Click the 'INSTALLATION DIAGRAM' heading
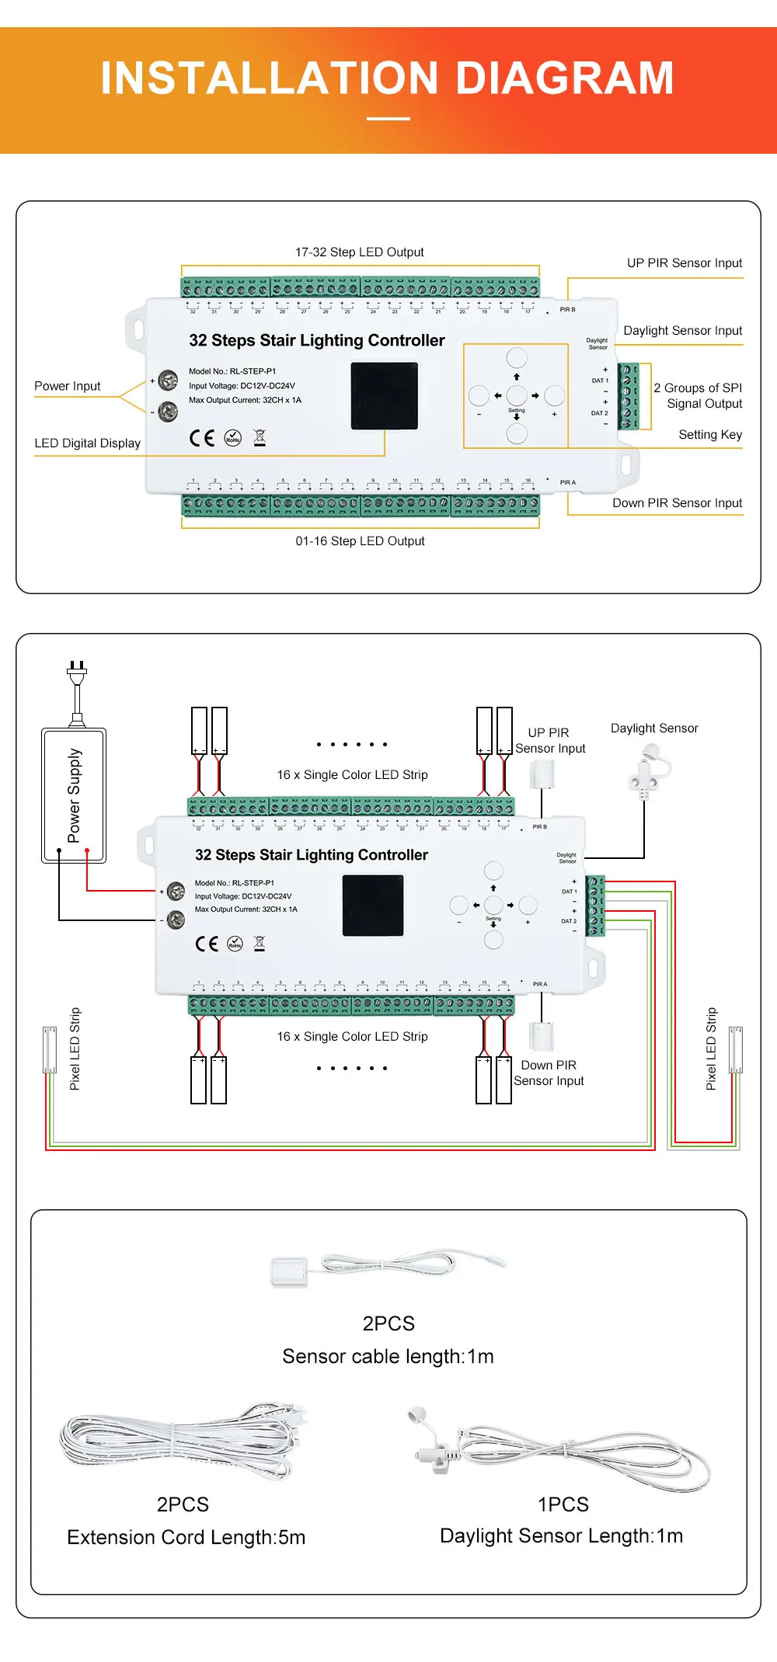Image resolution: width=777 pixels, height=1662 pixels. tap(387, 78)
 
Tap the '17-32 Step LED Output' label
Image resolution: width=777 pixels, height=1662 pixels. tap(359, 252)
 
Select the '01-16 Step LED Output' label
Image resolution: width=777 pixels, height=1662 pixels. tap(360, 541)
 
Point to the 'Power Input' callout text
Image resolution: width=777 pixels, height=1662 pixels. tap(68, 386)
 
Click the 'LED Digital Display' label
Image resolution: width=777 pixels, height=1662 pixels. tap(87, 443)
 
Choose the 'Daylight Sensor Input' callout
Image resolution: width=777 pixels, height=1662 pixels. tap(682, 331)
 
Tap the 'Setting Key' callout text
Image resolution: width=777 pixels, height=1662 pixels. tap(710, 435)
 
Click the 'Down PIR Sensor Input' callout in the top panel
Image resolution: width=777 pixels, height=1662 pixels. tap(677, 503)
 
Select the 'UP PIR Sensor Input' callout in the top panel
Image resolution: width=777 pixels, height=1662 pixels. tap(685, 263)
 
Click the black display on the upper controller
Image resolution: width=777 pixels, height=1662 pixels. tap(385, 396)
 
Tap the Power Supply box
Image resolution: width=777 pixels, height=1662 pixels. tap(74, 795)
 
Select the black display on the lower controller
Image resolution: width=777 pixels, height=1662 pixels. tap(373, 905)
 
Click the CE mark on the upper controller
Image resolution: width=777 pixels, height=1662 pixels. tap(202, 438)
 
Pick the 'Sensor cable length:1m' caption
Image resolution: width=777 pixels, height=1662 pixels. tap(388, 1357)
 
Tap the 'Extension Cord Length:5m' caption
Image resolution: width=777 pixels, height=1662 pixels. tap(186, 1538)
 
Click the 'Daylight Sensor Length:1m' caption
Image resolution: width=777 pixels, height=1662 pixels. tap(561, 1536)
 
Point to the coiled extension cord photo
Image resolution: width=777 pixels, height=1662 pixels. tap(183, 1441)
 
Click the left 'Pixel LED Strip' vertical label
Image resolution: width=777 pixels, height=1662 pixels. tap(75, 1048)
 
